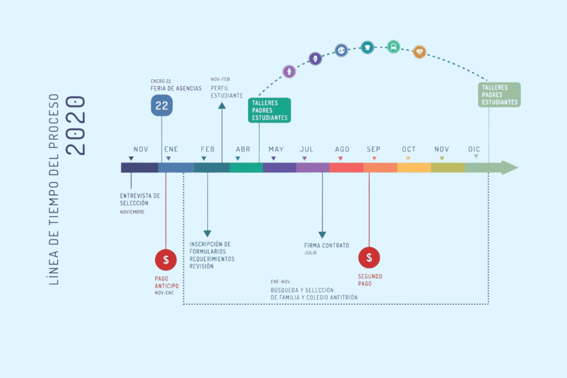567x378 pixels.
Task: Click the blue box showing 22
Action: (162, 105)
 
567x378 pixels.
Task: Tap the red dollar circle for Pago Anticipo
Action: (166, 259)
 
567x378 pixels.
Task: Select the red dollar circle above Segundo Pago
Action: (369, 257)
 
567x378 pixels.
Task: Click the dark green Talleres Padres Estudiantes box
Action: (269, 110)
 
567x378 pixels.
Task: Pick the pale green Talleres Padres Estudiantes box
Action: (499, 95)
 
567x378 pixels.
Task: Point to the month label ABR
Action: (243, 150)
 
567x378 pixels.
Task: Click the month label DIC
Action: (474, 150)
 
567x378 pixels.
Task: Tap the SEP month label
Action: (373, 150)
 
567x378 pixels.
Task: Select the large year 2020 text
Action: (76, 125)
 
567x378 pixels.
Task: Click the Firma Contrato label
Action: (327, 246)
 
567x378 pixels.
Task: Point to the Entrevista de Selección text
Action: (140, 199)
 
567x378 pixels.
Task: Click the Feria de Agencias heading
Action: (176, 89)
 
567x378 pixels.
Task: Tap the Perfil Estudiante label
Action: (226, 91)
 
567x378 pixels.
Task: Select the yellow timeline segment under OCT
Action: (414, 167)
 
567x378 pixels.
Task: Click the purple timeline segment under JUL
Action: (313, 167)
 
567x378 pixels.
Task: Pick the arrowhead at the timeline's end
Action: (509, 167)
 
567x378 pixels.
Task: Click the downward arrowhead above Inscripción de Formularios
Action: (207, 233)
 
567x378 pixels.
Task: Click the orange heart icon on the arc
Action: (420, 52)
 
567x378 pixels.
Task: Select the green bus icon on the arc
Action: (393, 47)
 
